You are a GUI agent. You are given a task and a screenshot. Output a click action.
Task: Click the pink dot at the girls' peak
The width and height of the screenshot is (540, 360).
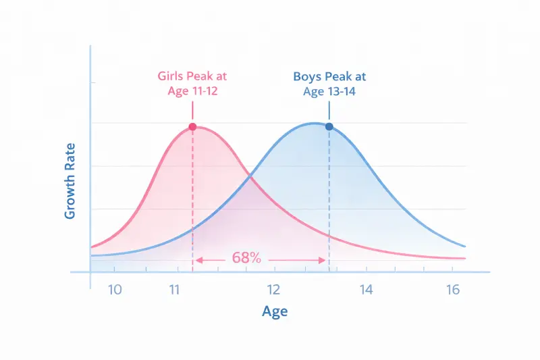tap(192, 126)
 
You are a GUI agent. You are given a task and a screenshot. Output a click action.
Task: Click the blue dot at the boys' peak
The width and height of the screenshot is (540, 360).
tap(329, 126)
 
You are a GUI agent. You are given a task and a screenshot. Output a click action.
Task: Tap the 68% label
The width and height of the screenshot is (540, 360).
tap(246, 258)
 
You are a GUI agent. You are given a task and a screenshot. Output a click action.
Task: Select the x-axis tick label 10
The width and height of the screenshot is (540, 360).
tap(115, 290)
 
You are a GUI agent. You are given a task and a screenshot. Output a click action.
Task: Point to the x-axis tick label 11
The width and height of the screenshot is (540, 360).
tap(175, 290)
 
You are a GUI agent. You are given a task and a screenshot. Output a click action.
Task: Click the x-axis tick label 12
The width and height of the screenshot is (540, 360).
tap(273, 290)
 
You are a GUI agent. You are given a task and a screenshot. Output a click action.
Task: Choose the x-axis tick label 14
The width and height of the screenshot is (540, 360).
tap(365, 290)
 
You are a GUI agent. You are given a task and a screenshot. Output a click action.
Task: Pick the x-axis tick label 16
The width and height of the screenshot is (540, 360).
tap(452, 290)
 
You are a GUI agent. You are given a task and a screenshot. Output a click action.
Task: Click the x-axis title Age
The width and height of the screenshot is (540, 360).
tap(275, 311)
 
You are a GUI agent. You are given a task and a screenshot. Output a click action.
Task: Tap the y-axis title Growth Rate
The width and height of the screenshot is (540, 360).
tap(70, 180)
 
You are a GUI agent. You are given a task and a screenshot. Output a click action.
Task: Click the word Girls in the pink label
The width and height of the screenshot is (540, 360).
tap(173, 76)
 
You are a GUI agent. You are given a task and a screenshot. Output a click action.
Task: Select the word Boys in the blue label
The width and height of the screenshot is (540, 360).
tap(308, 77)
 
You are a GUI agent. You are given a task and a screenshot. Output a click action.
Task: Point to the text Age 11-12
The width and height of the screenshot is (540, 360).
tap(194, 91)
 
